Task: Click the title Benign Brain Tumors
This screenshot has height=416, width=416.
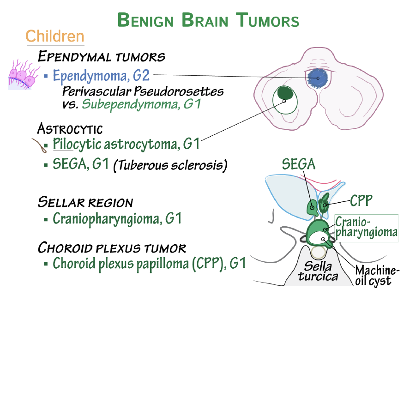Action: (x=208, y=20)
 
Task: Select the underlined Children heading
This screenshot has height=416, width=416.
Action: (x=55, y=36)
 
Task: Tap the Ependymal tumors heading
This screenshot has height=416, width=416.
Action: (x=101, y=57)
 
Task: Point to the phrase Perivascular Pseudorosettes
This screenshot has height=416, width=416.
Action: (x=143, y=91)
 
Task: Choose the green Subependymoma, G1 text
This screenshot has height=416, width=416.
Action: (x=141, y=104)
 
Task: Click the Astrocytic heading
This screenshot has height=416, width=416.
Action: (x=70, y=128)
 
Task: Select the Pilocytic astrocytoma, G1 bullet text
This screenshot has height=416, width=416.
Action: (x=126, y=144)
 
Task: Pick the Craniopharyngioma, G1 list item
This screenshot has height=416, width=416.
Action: (x=117, y=218)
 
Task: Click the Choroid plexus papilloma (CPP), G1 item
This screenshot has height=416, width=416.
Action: (x=149, y=263)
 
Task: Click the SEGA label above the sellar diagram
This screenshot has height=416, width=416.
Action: (x=299, y=164)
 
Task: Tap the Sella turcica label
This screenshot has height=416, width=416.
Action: (x=318, y=271)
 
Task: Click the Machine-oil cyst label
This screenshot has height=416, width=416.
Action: (x=377, y=276)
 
